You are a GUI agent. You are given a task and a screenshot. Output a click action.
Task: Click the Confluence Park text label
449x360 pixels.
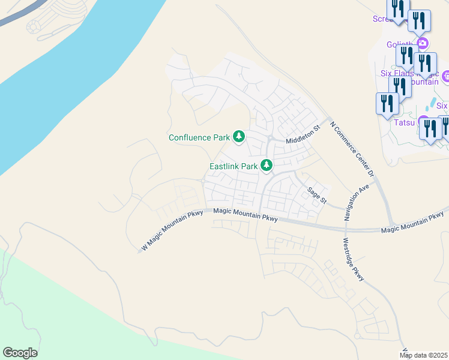click(x=199, y=137)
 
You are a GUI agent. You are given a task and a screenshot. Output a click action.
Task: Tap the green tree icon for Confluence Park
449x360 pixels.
click(x=239, y=137)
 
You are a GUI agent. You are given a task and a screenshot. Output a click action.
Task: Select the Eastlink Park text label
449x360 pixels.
click(x=233, y=166)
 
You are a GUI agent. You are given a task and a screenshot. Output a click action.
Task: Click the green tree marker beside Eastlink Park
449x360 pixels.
click(x=266, y=165)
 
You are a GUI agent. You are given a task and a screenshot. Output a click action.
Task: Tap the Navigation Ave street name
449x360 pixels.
click(x=355, y=202)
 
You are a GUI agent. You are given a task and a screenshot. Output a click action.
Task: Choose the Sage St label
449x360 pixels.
click(x=316, y=195)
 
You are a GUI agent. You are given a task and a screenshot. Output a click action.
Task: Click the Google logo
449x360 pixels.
click(x=20, y=352)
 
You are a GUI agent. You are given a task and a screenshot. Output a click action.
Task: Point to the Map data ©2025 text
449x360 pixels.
click(x=424, y=355)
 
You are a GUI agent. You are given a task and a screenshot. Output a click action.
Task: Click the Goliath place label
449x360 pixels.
click(x=400, y=44)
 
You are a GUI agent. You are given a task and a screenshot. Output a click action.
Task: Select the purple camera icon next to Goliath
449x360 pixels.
click(x=423, y=43)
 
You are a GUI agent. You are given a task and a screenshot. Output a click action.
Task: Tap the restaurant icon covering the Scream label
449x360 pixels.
click(x=397, y=10)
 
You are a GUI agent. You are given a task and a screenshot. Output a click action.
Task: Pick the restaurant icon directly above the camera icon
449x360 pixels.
click(x=419, y=20)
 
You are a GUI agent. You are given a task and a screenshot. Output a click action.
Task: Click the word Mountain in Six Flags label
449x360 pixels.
click(x=421, y=82)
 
